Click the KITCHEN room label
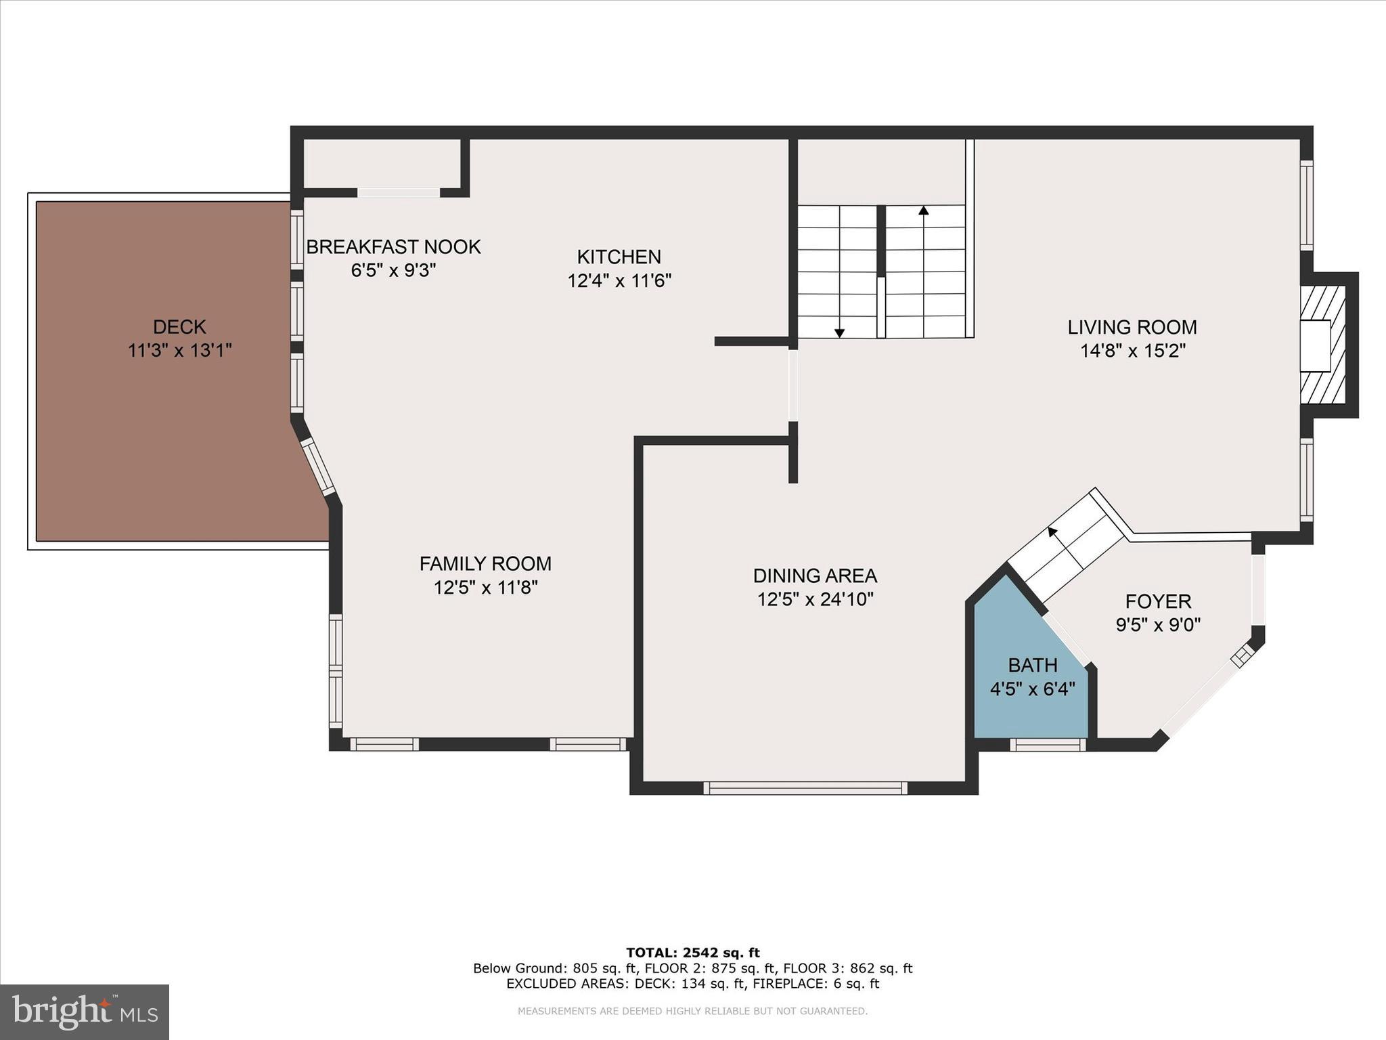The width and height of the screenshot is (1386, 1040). pos(619,257)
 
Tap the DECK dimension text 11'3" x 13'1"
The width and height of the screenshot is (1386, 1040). pos(180,351)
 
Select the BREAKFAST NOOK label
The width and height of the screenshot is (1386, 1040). pos(393,246)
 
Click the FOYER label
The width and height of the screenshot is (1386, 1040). pos(1158,601)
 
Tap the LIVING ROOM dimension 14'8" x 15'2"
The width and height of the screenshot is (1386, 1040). pos(1133,351)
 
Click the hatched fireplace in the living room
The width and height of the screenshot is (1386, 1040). pos(1322,345)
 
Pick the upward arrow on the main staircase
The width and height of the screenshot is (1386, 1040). pos(923,211)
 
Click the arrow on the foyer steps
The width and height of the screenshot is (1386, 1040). pos(1053,532)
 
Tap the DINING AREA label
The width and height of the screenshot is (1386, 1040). pos(815,576)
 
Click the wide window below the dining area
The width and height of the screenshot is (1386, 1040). pos(805,787)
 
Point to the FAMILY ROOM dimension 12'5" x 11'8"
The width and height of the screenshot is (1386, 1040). pos(485,587)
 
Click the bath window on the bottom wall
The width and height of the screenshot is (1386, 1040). pos(1048,745)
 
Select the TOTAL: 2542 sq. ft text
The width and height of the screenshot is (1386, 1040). pos(692,953)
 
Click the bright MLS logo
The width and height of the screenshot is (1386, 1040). pos(85,1012)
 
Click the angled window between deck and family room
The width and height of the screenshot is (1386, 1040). pos(317,467)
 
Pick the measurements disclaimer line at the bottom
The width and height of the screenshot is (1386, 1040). pos(692,1012)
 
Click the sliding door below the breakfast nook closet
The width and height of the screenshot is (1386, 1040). pos(398,193)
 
